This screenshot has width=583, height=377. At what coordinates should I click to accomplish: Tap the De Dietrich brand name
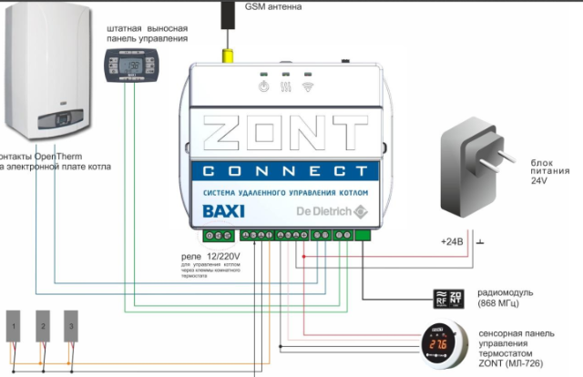(x=319, y=214)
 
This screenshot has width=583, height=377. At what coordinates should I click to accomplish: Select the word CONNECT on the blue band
(x=286, y=171)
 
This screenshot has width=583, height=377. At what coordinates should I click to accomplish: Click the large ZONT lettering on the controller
(x=286, y=133)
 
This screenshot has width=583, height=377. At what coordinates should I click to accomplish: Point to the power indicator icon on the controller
(x=262, y=87)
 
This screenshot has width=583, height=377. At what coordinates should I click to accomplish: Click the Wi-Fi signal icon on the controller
(x=308, y=87)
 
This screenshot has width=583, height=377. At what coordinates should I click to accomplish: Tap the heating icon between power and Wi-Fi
(x=285, y=87)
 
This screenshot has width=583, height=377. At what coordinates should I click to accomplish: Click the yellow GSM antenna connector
(x=225, y=54)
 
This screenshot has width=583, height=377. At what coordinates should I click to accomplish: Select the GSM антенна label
(x=274, y=6)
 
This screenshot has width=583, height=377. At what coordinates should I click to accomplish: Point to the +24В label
(x=453, y=242)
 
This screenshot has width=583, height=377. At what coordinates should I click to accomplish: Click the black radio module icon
(x=455, y=296)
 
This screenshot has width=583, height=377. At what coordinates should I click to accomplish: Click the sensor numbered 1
(x=15, y=326)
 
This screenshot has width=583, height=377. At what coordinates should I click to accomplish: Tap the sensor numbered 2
(x=43, y=326)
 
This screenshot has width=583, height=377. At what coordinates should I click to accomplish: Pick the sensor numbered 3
(x=71, y=326)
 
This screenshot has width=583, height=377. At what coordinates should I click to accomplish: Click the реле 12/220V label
(x=213, y=259)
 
